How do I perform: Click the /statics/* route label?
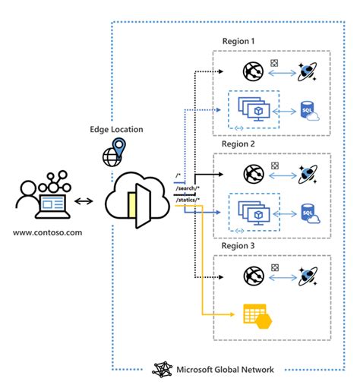187,198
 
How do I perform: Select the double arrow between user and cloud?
86,202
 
